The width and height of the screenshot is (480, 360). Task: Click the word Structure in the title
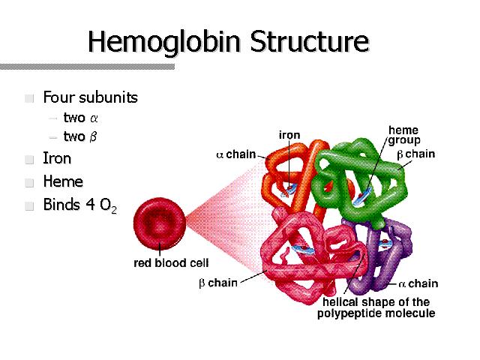tap(310, 41)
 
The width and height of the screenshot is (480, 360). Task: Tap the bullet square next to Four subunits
tap(29, 98)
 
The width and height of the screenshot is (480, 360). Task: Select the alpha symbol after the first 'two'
tap(94, 118)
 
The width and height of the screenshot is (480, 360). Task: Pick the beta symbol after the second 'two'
tap(93, 136)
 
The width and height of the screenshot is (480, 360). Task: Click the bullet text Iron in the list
tap(57, 158)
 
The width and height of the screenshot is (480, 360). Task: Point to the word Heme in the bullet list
tap(63, 181)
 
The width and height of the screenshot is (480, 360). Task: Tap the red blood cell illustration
tap(160, 223)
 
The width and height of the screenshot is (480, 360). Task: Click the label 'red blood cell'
tap(171, 263)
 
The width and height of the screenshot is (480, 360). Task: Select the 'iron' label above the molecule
tap(289, 135)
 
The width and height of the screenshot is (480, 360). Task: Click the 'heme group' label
tap(403, 135)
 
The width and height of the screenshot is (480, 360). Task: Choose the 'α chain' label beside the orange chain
tap(236, 154)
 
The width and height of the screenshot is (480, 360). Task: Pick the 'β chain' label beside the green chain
tap(416, 154)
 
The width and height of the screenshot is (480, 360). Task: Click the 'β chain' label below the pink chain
tap(218, 283)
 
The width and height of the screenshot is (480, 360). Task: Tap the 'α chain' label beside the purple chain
tap(418, 283)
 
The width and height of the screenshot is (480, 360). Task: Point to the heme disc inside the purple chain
tap(385, 244)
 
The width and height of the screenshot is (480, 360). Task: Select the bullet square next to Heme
tap(29, 182)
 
